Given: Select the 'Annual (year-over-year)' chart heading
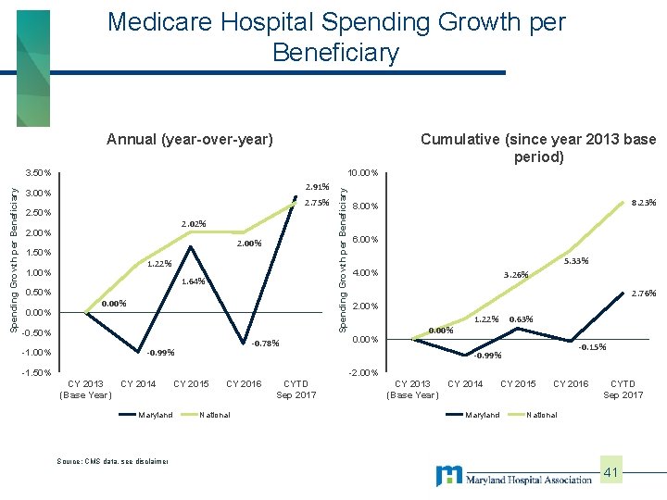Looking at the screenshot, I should pyautogui.click(x=190, y=140).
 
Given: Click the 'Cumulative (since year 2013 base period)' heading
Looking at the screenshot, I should pyautogui.click(x=538, y=148).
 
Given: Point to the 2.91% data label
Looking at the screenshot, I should pyautogui.click(x=316, y=187).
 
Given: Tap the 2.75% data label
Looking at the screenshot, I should pyautogui.click(x=316, y=203).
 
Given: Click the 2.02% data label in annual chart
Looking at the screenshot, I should pyautogui.click(x=193, y=223).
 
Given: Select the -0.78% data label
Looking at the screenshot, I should pyautogui.click(x=265, y=343).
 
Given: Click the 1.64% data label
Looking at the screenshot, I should pyautogui.click(x=193, y=281).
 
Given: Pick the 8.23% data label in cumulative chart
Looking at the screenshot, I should pyautogui.click(x=643, y=202).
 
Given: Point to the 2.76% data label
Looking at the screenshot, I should pyautogui.click(x=643, y=294).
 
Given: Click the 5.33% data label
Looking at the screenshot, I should pyautogui.click(x=576, y=261).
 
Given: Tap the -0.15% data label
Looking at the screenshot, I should pyautogui.click(x=592, y=347).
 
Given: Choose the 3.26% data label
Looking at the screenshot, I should pyautogui.click(x=515, y=274).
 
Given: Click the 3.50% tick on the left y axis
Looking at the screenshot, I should pyautogui.click(x=38, y=173).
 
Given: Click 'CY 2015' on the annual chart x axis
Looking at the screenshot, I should pyautogui.click(x=192, y=383).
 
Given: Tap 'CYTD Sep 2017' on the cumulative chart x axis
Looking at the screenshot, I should pyautogui.click(x=623, y=389).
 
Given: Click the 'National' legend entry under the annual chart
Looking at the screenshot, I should pyautogui.click(x=216, y=415).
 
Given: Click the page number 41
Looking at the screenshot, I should pyautogui.click(x=611, y=473).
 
